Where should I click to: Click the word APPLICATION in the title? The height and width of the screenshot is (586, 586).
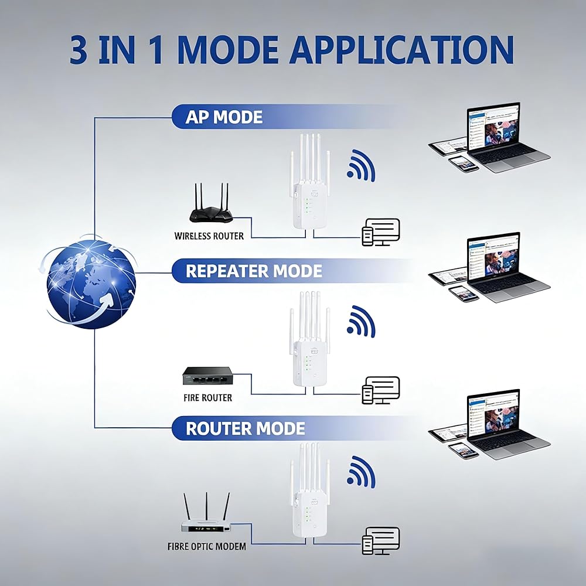402,50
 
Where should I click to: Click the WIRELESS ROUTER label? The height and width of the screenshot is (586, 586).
209,236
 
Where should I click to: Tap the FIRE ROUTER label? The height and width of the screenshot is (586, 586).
208,398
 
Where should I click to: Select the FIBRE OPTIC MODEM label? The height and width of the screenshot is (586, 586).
207,546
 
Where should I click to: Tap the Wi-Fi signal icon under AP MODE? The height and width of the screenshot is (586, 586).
360,166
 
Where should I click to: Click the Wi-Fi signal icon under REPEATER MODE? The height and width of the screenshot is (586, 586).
360,321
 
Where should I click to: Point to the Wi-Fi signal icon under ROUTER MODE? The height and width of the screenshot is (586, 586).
360,472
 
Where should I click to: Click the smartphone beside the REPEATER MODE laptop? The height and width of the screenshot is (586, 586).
464,294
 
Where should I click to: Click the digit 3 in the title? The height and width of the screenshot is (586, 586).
79,50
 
